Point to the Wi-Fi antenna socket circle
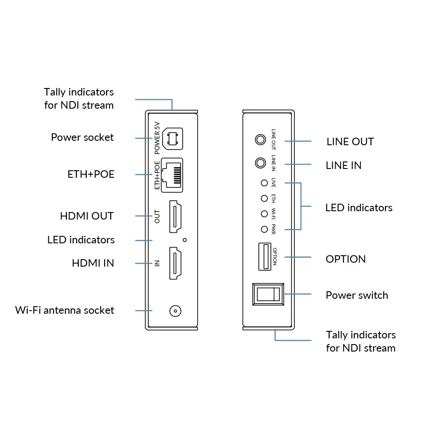176,311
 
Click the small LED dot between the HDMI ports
185,240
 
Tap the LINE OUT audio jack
260,140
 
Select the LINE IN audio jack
260,163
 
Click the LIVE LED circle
264,183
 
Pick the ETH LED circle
264,198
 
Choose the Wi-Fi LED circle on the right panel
264,214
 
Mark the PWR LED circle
264,229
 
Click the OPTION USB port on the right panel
265,257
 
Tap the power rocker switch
268,294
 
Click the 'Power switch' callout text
357,295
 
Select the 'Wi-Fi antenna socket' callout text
65,310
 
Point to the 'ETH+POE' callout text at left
91,174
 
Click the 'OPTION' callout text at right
345,259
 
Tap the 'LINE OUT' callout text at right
350,142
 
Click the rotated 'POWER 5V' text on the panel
158,137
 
